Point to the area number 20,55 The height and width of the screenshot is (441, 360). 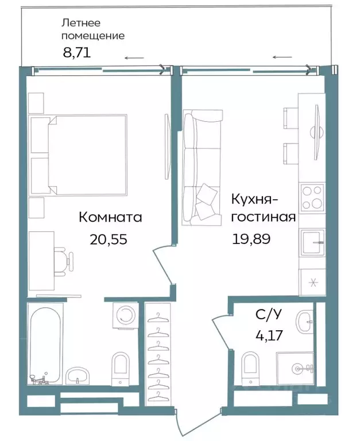coord(108,239)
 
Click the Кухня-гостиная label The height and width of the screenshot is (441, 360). coord(263,208)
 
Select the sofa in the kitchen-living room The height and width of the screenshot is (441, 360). coord(201,167)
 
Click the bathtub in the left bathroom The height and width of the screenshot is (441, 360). coord(46,345)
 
